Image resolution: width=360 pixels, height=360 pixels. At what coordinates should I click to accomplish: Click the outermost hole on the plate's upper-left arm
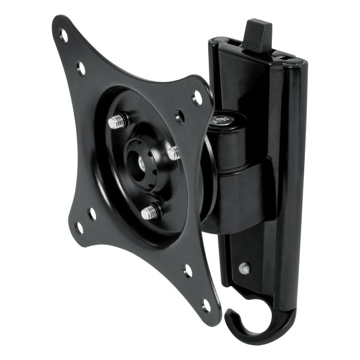pyautogui.click(x=64, y=35)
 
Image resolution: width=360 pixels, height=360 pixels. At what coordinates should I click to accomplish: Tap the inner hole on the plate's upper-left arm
pyautogui.click(x=81, y=67)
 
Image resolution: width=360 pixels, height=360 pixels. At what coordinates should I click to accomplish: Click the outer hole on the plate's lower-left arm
pyautogui.click(x=78, y=227)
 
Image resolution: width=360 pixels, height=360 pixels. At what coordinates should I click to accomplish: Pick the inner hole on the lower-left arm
pyautogui.click(x=92, y=212)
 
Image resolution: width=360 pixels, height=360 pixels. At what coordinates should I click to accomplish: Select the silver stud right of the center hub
pyautogui.click(x=174, y=154)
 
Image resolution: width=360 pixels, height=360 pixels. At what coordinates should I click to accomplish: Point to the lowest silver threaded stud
pyautogui.click(x=150, y=211)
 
